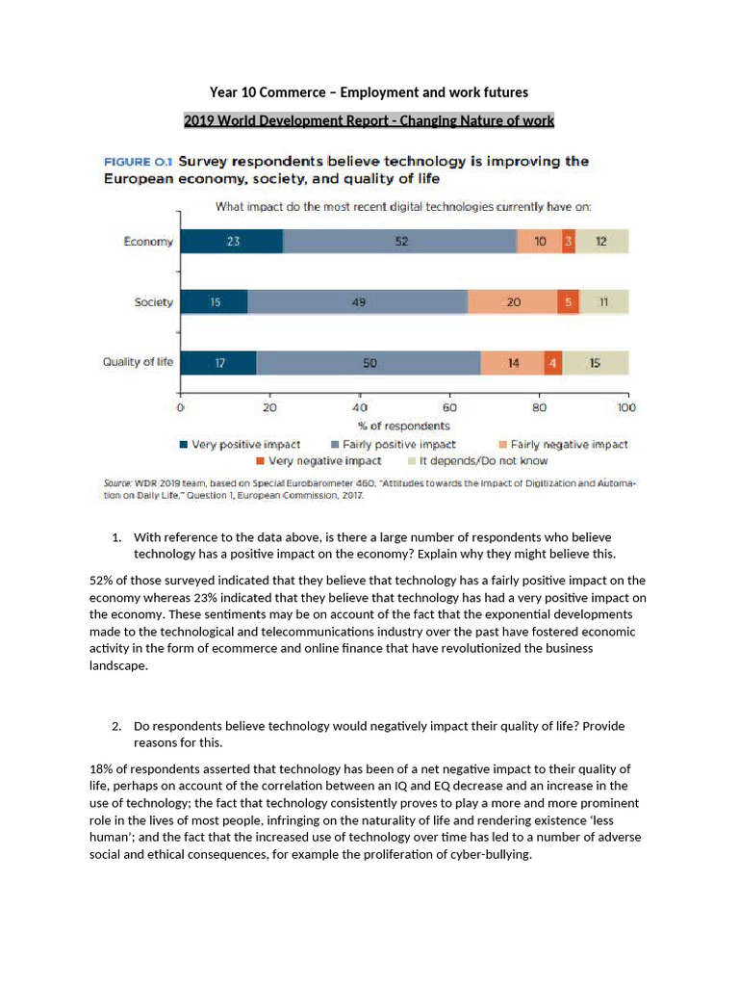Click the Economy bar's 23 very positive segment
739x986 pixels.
click(232, 242)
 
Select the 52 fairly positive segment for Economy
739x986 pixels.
click(400, 242)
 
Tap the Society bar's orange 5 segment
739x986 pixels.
click(568, 301)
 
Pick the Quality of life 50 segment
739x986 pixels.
click(369, 363)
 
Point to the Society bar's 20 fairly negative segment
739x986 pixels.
click(513, 301)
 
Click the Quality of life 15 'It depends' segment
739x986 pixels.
click(595, 363)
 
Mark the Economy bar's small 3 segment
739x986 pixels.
click(569, 242)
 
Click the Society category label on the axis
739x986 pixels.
click(153, 302)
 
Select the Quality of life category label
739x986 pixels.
click(138, 362)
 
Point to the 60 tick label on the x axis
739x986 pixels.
click(449, 407)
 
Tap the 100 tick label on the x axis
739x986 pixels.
click(626, 407)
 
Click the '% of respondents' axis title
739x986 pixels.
click(404, 426)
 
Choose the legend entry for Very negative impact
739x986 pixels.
click(319, 461)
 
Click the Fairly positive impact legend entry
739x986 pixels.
click(394, 445)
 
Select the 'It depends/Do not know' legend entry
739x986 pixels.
click(477, 461)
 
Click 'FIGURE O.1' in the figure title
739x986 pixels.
click(139, 162)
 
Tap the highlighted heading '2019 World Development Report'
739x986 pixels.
click(369, 120)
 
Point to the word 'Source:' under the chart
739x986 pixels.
click(117, 483)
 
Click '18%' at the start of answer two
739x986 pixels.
click(101, 769)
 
